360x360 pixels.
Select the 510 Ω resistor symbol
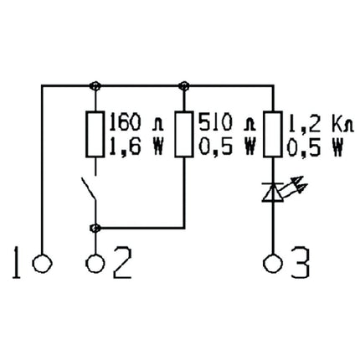pos(184,133)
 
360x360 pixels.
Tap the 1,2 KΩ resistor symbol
pos(270,133)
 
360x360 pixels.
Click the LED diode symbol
pos(271,192)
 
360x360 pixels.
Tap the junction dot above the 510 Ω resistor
pos(184,85)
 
